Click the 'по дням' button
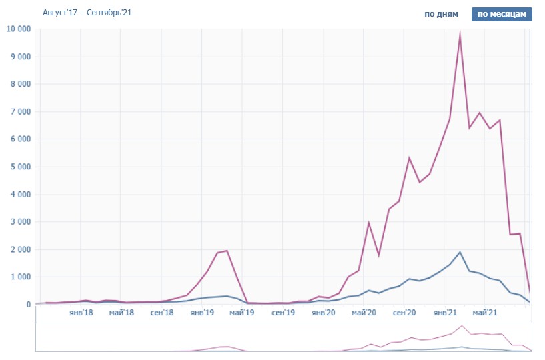click(x=441, y=14)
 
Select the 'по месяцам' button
click(x=502, y=14)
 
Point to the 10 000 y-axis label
click(x=18, y=29)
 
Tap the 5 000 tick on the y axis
click(x=20, y=167)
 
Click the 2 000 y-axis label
click(x=20, y=249)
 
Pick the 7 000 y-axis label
click(x=20, y=111)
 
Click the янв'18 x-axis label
click(x=81, y=313)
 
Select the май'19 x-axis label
click(x=242, y=313)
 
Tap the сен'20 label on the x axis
click(x=404, y=313)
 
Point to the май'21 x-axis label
click(x=485, y=313)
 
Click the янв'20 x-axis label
click(x=324, y=313)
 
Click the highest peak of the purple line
click(x=460, y=35)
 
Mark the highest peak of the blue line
click(x=460, y=252)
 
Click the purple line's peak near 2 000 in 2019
click(x=227, y=251)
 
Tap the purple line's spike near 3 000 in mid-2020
click(x=368, y=223)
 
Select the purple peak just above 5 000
click(x=409, y=158)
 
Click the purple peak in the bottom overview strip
click(x=461, y=326)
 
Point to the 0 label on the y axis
click(x=28, y=304)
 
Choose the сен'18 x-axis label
click(x=161, y=313)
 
